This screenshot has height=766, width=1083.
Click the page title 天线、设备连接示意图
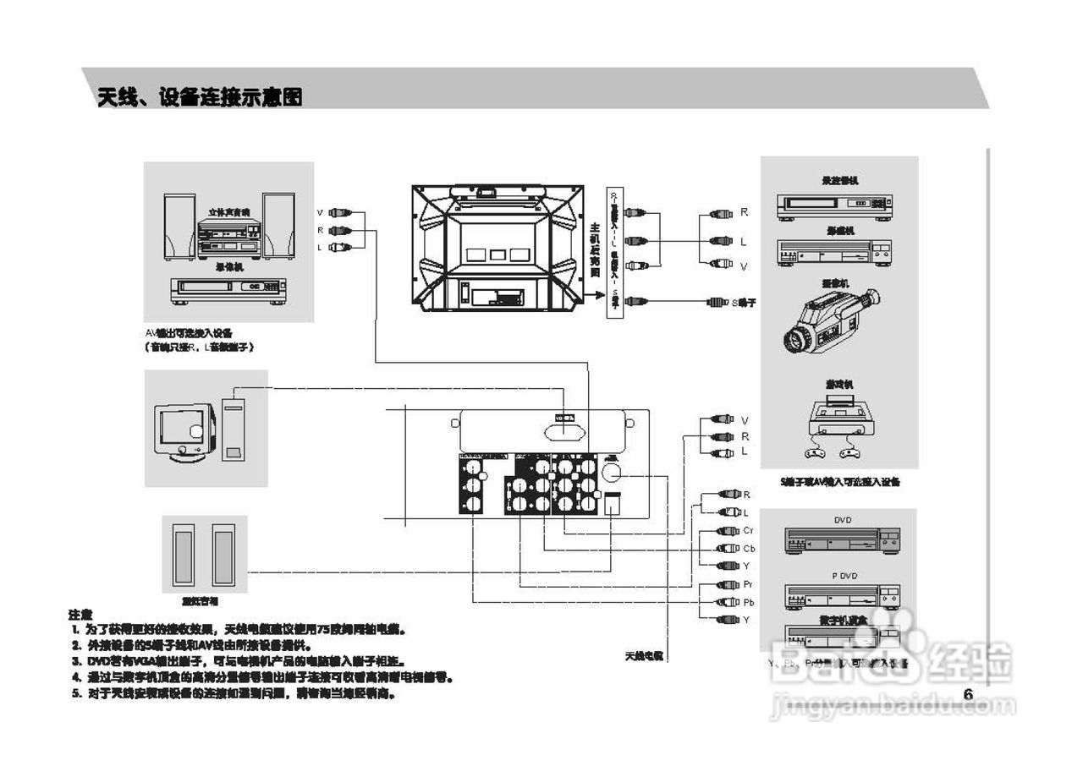pyautogui.click(x=200, y=97)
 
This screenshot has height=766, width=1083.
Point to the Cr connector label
pyautogui.click(x=748, y=531)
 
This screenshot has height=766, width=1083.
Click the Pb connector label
pyautogui.click(x=748, y=603)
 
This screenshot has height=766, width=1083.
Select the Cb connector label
pyautogui.click(x=748, y=548)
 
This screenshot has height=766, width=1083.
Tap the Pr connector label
pyautogui.click(x=748, y=585)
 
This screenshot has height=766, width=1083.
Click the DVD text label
pyautogui.click(x=843, y=520)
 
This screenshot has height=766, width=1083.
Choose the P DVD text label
pyautogui.click(x=843, y=575)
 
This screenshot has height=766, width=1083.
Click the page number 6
pyautogui.click(x=969, y=694)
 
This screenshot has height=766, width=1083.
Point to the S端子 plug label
pyautogui.click(x=744, y=302)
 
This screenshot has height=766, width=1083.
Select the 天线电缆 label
pyautogui.click(x=644, y=655)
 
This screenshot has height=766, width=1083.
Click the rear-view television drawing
pyautogui.click(x=498, y=247)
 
